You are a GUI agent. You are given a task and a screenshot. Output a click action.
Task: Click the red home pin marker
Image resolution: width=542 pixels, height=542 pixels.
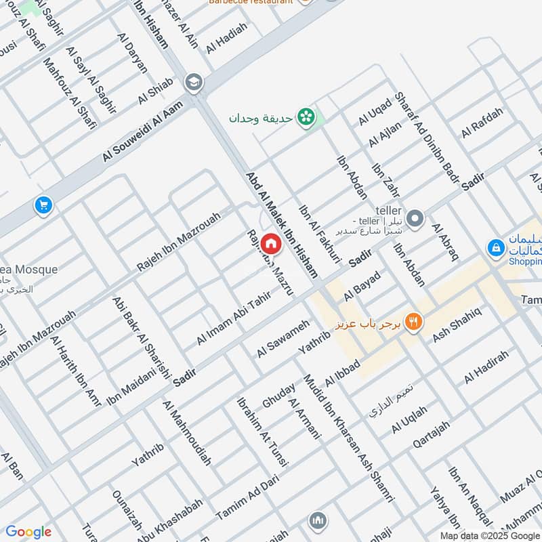pos(271,243)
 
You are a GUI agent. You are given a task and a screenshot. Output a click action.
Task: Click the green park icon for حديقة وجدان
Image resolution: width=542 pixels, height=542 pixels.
pos(308,117)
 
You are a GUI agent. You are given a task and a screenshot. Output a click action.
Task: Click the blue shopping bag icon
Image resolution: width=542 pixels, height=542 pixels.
pos(496,249)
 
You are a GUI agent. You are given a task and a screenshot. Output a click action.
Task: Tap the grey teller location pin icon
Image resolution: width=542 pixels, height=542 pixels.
pos(415,219)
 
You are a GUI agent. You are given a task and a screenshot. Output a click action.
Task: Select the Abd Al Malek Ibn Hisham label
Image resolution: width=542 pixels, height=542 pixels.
pos(281,224)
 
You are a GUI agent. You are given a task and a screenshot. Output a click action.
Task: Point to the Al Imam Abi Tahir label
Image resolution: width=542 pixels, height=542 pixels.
pos(233,318)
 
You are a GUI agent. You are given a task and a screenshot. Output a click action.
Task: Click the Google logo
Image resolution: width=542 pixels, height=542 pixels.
pos(28,532)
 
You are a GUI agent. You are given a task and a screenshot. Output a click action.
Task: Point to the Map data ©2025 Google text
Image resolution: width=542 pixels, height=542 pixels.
pos(489,535)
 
